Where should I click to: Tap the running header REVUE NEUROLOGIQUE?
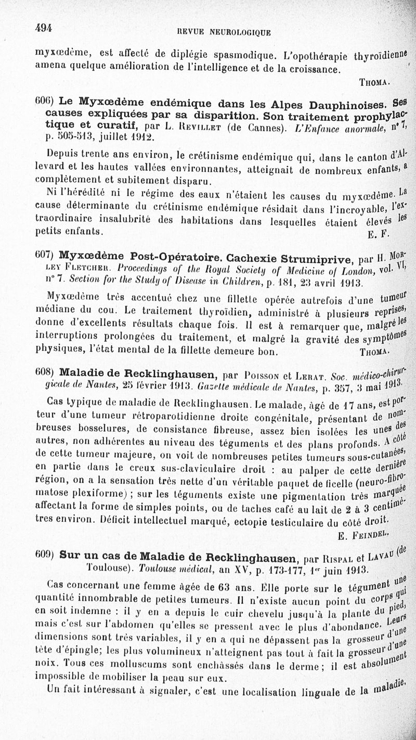220,32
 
